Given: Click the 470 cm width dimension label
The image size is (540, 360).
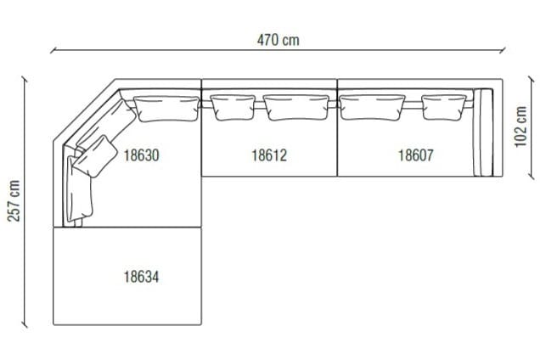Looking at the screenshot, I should click(x=278, y=39).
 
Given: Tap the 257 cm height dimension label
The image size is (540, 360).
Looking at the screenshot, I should click(x=14, y=201).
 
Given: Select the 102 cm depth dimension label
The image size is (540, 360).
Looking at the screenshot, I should click(x=520, y=127).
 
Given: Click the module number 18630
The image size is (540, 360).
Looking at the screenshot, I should click(x=141, y=155).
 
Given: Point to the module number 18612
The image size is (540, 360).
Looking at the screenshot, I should click(x=269, y=155).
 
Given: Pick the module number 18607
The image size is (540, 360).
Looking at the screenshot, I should click(x=416, y=155).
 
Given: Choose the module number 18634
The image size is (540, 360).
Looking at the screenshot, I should click(x=141, y=276).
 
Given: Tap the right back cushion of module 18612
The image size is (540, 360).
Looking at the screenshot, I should click(x=296, y=107).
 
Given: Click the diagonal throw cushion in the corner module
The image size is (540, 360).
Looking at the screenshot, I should click(x=95, y=156).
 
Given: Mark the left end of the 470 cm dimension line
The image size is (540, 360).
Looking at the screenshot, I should click(x=52, y=52).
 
